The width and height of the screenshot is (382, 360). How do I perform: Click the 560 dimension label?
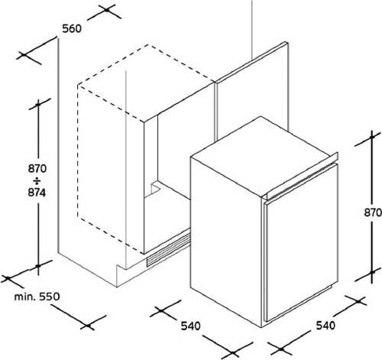[72, 28]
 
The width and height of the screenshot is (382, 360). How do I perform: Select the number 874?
[37, 193]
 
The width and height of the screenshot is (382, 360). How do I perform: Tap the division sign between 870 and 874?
[37, 181]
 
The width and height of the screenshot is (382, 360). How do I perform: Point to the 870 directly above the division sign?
[37, 169]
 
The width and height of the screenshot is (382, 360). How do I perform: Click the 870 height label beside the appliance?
[373, 212]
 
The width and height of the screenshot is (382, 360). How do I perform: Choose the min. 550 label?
[37, 297]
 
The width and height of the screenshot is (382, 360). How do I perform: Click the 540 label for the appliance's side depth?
[191, 326]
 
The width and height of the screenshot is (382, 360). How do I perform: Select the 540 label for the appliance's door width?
[325, 326]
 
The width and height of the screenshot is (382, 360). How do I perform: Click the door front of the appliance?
[302, 242]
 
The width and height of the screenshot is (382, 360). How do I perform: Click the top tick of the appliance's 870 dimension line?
[372, 137]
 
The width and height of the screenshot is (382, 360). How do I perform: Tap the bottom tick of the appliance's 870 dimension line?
[372, 273]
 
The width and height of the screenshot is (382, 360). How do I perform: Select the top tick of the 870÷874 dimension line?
[38, 104]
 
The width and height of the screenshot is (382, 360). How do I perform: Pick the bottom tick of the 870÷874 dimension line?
[38, 266]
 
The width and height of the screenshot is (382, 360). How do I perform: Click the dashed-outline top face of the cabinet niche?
[145, 83]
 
